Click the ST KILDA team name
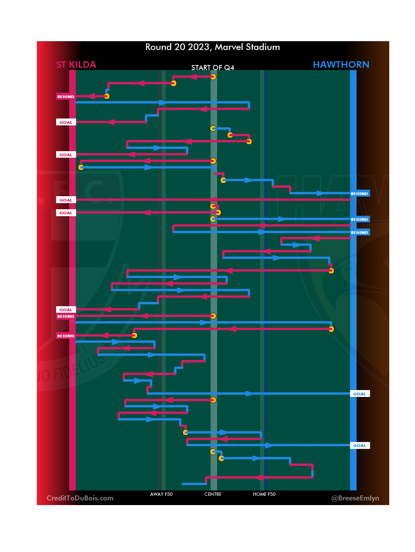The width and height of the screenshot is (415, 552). (x=76, y=65)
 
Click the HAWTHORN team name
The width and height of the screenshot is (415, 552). (x=341, y=65)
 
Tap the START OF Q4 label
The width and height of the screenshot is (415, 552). (x=212, y=68)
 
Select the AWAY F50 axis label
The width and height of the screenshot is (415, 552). (x=161, y=494)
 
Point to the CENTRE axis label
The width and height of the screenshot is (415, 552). (x=213, y=494)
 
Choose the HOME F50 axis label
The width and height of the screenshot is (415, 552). (x=264, y=494)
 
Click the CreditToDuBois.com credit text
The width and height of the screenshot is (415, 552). (x=80, y=498)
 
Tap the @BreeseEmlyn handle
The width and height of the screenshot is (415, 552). (x=355, y=498)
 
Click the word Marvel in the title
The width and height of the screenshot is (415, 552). (x=229, y=47)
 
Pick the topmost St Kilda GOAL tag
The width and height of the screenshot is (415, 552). (x=66, y=122)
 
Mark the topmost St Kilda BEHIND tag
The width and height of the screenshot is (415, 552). (x=66, y=97)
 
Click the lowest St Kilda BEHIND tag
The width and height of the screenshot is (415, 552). (x=66, y=336)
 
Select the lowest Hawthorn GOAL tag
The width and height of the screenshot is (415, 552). (x=360, y=445)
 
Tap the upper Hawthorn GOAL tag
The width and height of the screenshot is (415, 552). (x=360, y=394)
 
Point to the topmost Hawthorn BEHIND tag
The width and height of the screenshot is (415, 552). (x=360, y=193)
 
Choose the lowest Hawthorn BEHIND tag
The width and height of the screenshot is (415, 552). (x=360, y=232)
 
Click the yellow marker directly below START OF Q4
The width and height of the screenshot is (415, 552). (x=213, y=77)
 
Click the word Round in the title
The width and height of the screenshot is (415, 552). (x=158, y=47)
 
